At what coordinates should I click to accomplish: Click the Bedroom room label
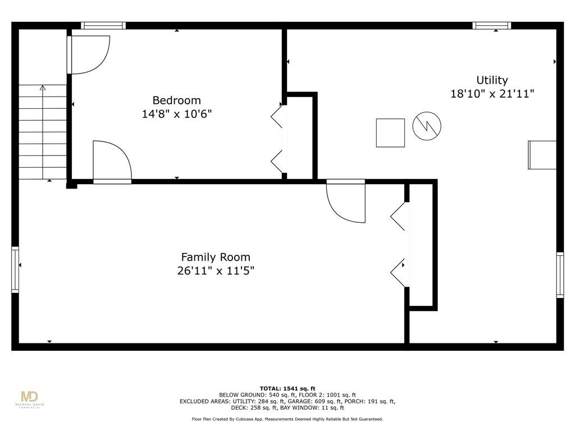[176, 100]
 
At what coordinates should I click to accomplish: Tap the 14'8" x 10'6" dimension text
[177, 114]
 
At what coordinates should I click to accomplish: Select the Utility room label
[492, 80]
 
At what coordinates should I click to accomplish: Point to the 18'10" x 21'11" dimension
[492, 94]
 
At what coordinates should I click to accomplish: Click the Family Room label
[216, 257]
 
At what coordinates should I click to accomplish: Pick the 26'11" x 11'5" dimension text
[216, 271]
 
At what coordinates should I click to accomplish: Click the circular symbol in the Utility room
[427, 126]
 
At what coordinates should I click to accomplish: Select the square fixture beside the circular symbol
[390, 132]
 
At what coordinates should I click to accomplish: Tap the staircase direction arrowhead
[43, 88]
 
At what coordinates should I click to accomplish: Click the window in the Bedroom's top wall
[103, 25]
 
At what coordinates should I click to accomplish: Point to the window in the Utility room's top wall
[491, 25]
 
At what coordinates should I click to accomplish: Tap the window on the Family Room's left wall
[15, 270]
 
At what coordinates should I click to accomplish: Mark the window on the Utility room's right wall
[560, 275]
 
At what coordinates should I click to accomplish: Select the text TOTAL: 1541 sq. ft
[287, 388]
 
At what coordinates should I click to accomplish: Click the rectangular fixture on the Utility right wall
[542, 155]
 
